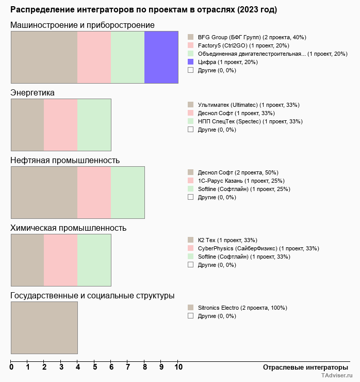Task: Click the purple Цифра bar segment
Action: (161, 57)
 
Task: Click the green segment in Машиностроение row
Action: (128, 57)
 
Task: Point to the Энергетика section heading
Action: (32, 92)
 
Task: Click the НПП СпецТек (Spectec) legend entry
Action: (245, 121)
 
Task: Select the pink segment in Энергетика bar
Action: (60, 124)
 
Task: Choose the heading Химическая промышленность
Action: (68, 228)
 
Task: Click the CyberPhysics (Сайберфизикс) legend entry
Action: (253, 248)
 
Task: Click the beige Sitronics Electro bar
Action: (44, 327)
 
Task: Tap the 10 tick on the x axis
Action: (178, 368)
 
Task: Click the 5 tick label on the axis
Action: (94, 368)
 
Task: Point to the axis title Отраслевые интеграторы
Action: (302, 367)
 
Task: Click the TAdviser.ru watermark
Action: (337, 377)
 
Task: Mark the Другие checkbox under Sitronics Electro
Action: (190, 315)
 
